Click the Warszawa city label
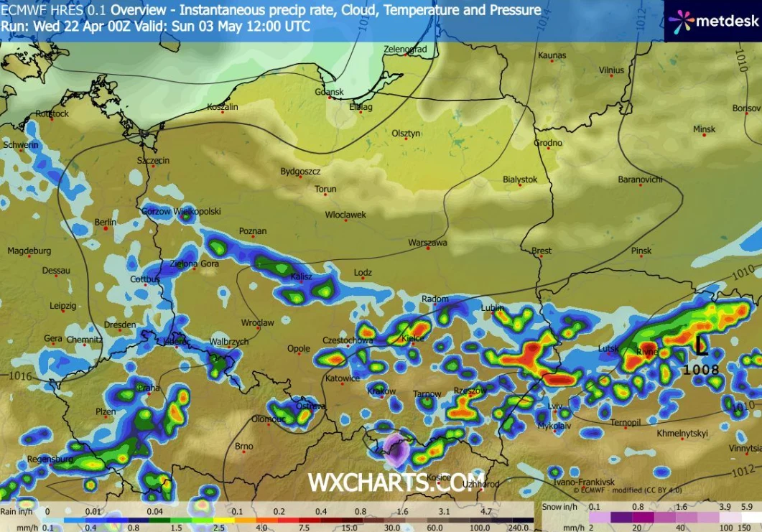click(x=427, y=243)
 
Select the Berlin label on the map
click(x=105, y=223)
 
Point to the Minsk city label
click(x=704, y=129)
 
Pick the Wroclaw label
click(x=257, y=323)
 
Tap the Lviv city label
click(x=555, y=406)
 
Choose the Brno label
click(x=243, y=447)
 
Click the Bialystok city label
click(x=520, y=179)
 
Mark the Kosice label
click(x=438, y=477)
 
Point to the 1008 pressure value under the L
click(x=700, y=369)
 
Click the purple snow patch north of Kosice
click(x=394, y=449)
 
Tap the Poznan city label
click(x=253, y=231)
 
